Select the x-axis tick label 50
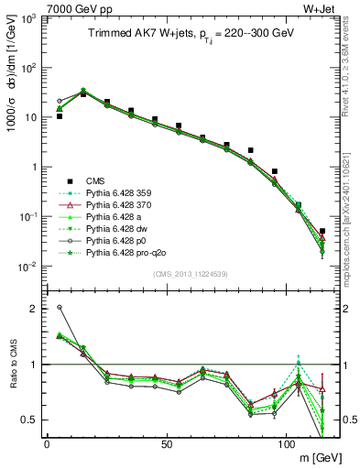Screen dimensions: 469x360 tap(167, 443)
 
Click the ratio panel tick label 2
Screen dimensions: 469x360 tap(35, 308)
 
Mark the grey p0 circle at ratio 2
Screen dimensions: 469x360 tap(60, 308)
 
